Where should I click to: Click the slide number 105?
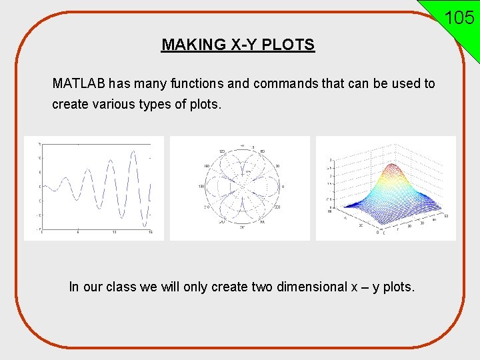click(x=459, y=17)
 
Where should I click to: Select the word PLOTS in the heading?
click(x=290, y=45)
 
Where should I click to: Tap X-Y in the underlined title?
click(x=241, y=45)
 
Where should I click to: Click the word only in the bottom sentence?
click(x=195, y=287)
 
